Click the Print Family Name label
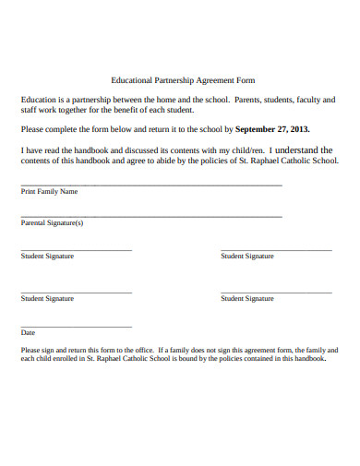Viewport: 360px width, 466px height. [x=50, y=192]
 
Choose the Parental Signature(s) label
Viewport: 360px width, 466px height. [x=53, y=222]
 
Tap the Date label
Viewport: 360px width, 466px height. [x=28, y=332]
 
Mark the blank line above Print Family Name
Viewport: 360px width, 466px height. [x=151, y=185]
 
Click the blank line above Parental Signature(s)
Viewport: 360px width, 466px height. [x=151, y=216]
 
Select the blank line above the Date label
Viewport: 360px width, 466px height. [x=76, y=326]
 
